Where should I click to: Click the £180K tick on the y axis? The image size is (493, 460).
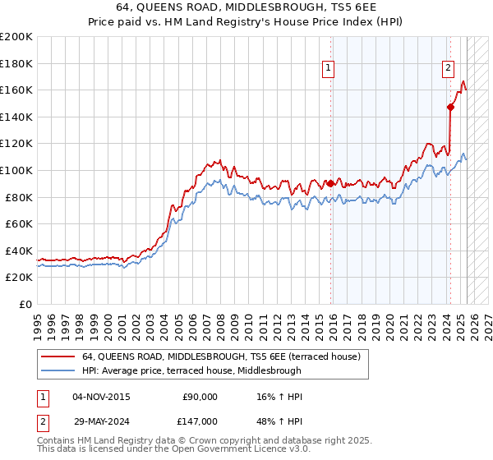(x=16, y=62)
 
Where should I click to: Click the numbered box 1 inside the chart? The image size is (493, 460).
(x=329, y=69)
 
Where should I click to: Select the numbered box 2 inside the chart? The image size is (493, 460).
(x=449, y=69)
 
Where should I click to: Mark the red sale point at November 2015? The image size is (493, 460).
(x=331, y=183)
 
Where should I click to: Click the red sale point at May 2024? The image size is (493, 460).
(x=450, y=107)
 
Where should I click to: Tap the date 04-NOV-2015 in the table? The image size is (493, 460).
(x=101, y=397)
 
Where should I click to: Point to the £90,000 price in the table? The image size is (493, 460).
(x=200, y=397)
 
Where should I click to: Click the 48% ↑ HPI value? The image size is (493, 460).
(x=279, y=421)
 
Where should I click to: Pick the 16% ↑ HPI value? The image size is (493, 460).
(x=279, y=397)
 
